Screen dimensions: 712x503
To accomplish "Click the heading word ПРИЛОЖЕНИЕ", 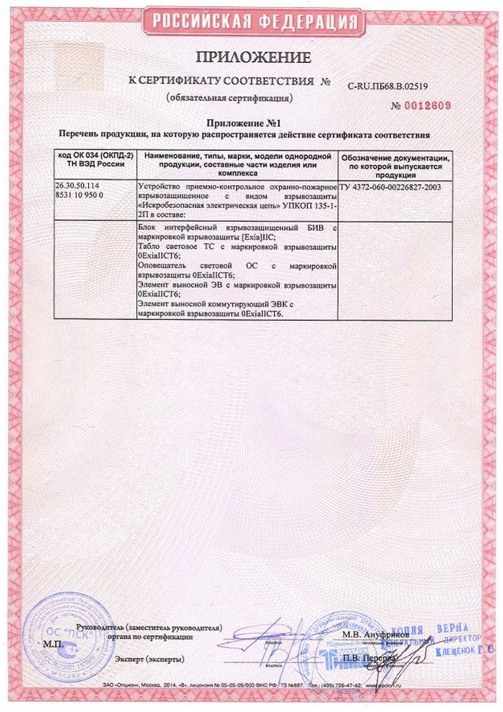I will (253, 58).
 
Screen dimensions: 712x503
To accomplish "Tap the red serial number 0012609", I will (428, 106).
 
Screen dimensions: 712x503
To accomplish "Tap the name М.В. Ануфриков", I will (370, 634).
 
